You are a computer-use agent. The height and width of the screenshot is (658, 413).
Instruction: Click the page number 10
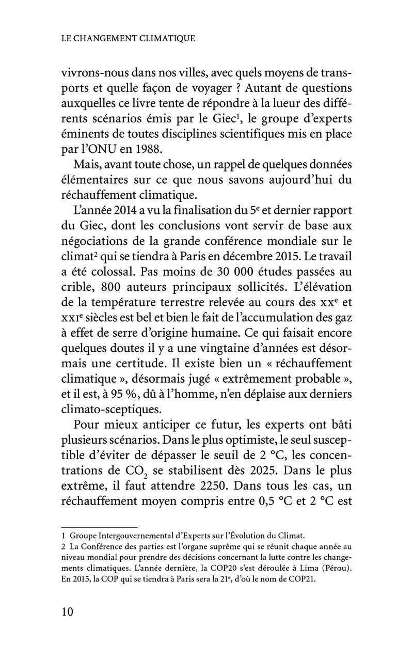coord(67,612)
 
